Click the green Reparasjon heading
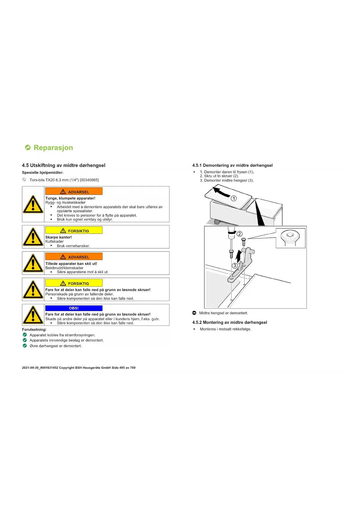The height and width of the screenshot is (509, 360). point(53,148)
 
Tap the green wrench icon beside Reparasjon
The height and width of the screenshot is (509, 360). point(28,148)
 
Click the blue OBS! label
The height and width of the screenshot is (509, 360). point(74,308)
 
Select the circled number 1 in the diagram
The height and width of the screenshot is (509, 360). point(234,198)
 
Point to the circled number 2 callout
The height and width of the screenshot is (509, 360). point(240,234)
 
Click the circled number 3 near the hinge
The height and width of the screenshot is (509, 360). point(235,266)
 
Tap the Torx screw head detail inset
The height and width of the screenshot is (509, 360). point(290,238)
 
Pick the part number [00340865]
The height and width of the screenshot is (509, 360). point(89,180)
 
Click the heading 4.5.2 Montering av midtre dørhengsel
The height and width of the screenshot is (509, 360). point(229,322)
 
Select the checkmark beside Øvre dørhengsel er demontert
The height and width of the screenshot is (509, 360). point(25,346)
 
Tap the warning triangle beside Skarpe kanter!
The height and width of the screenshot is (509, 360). point(33,237)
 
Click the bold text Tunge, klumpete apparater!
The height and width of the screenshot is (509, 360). point(70,198)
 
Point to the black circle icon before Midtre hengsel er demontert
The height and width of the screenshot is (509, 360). point(194,313)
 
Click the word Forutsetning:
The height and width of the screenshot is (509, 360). point(34,330)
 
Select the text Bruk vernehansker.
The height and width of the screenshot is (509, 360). point(73,246)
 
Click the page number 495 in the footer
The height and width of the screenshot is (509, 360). point(122,368)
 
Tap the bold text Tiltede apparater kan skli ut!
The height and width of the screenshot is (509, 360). point(71,264)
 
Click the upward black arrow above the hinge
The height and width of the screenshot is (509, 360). point(239,256)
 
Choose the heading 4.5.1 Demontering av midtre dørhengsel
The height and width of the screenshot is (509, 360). point(232,165)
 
